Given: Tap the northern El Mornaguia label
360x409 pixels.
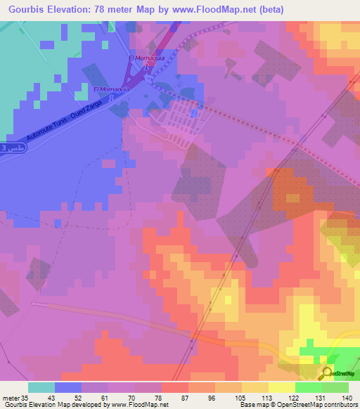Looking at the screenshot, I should (x=146, y=58).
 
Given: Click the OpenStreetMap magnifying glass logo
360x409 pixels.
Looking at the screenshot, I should (x=327, y=373).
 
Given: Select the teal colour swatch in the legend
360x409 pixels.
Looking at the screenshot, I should (x=41, y=387).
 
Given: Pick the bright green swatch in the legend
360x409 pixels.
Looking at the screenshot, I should (x=307, y=387).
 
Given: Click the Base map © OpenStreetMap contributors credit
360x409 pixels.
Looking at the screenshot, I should (x=299, y=404).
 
